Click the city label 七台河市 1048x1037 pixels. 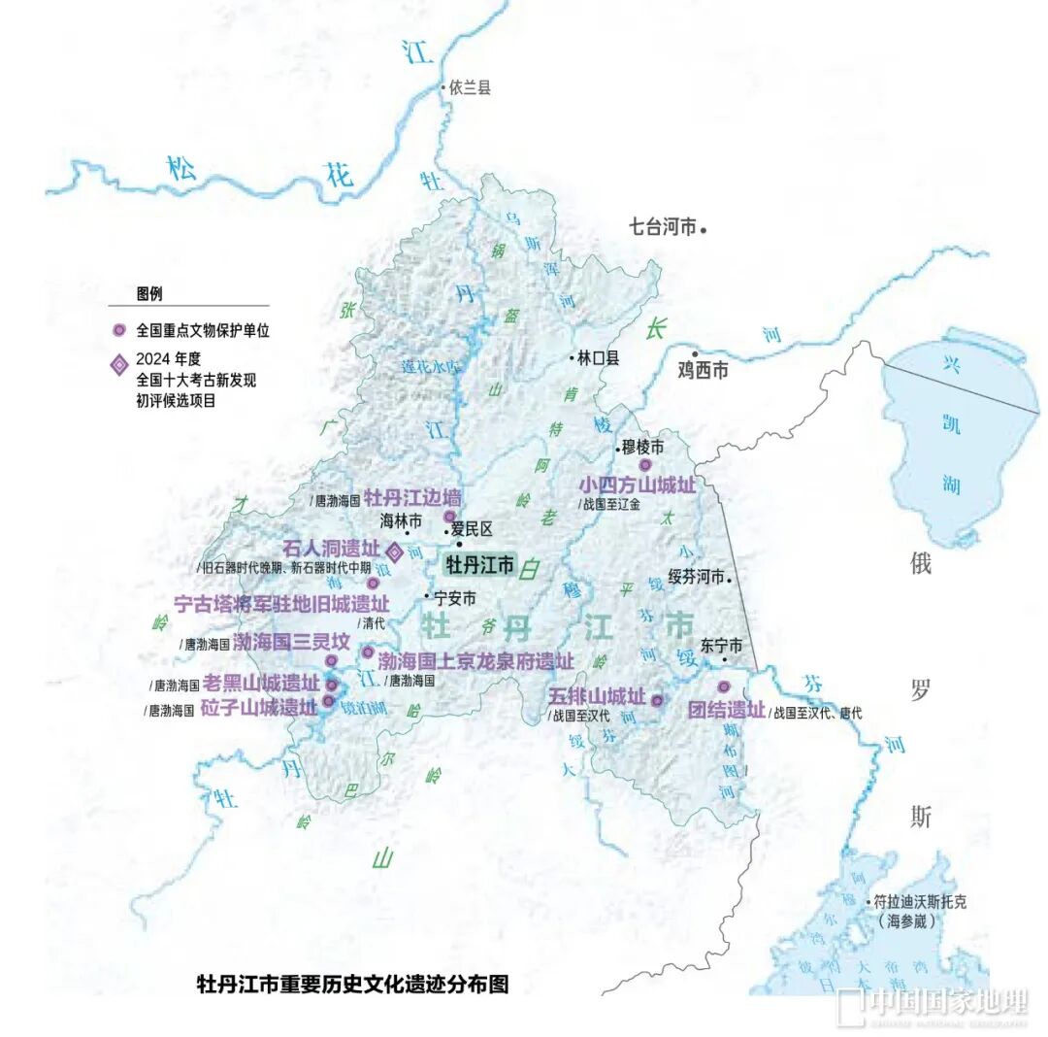(663, 228)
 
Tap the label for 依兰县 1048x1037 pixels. (470, 88)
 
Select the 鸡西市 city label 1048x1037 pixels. (703, 370)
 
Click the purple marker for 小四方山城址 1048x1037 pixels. (644, 465)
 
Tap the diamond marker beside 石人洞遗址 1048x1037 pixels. (395, 550)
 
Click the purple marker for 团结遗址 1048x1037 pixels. (723, 687)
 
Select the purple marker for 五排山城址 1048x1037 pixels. (657, 700)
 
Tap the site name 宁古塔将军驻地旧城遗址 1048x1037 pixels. (280, 604)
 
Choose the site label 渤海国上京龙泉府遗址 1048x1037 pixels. (475, 661)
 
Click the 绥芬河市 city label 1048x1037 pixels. (697, 577)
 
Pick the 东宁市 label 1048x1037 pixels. (721, 645)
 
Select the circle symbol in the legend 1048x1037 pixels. (118, 330)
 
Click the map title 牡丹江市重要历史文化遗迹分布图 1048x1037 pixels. (352, 984)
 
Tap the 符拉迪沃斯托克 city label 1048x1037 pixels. (920, 901)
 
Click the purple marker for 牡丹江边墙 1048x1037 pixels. (449, 517)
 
